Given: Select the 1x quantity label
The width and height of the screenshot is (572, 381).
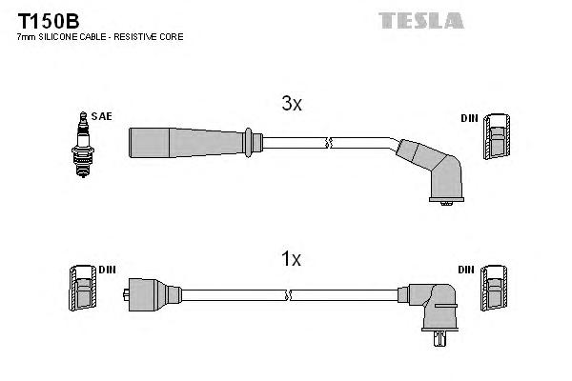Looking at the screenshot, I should click(291, 258).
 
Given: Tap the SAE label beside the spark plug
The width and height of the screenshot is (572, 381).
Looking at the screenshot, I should click(102, 116).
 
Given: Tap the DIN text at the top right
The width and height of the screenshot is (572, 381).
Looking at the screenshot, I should click(468, 118).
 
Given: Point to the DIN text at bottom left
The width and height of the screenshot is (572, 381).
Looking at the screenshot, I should click(107, 270).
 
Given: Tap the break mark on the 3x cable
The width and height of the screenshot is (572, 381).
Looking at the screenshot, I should click(329, 144).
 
